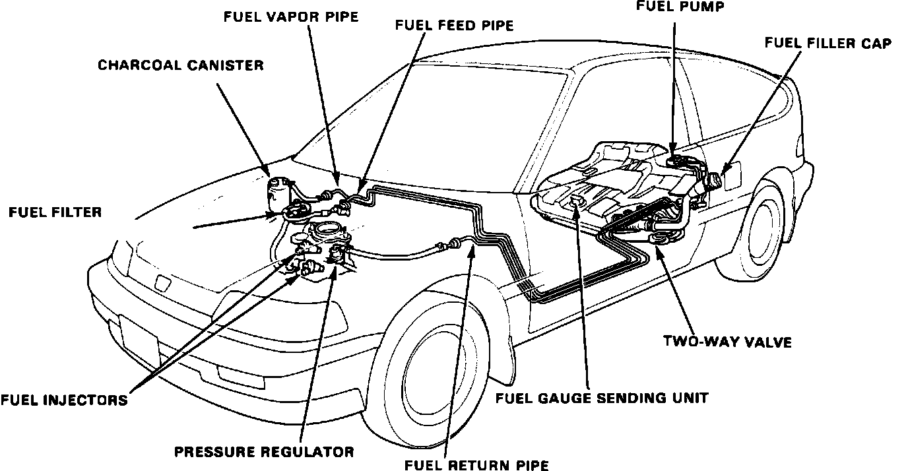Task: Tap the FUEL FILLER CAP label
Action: click(x=827, y=44)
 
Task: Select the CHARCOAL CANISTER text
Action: click(x=181, y=65)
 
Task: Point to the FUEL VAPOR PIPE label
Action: click(x=290, y=17)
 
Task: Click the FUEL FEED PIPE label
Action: click(x=454, y=26)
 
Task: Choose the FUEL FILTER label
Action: click(x=55, y=212)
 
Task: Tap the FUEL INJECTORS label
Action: click(x=63, y=400)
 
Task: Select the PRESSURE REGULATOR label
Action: click(x=264, y=452)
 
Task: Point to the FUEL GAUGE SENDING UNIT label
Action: click(x=602, y=398)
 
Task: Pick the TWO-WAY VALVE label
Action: click(x=727, y=342)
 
